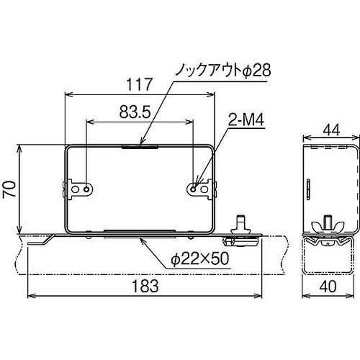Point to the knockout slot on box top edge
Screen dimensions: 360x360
[140, 145]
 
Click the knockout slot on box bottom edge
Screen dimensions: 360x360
[140, 232]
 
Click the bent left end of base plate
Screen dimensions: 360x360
[40, 240]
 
